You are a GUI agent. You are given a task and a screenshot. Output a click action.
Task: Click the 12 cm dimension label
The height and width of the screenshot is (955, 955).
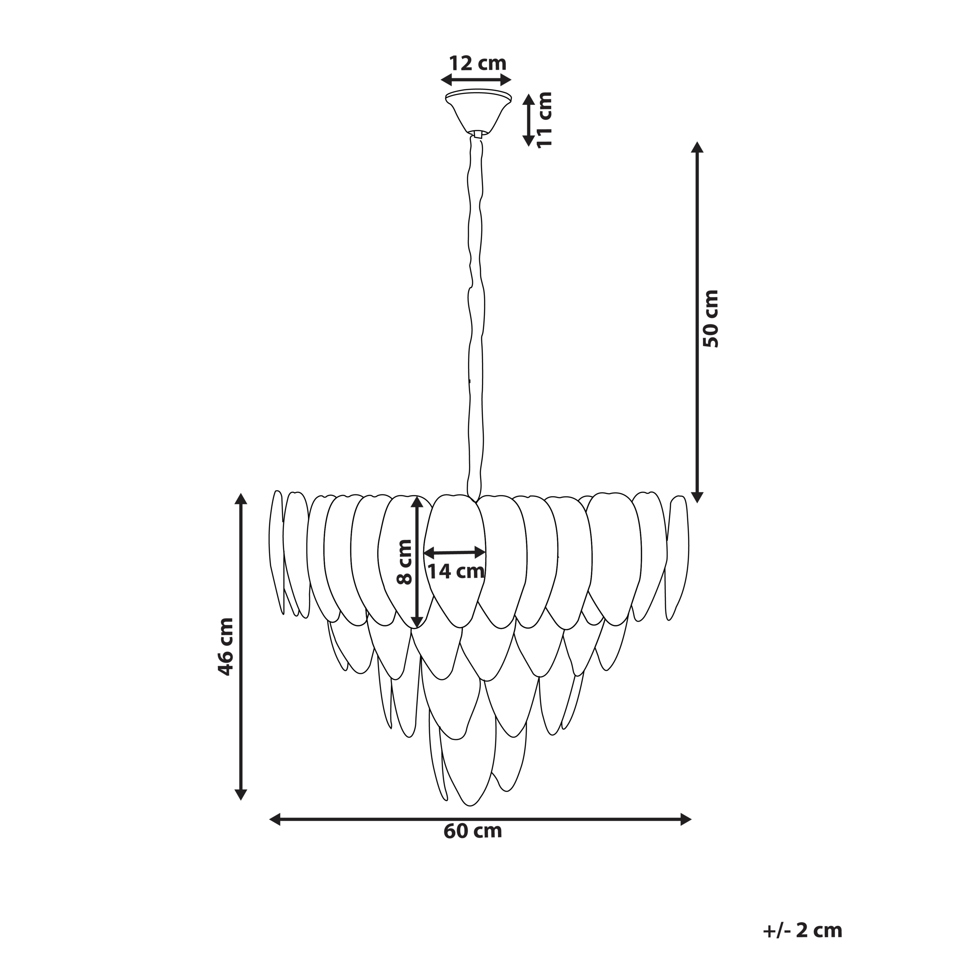(477, 64)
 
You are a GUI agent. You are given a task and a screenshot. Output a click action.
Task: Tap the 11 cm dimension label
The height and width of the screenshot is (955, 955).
(544, 119)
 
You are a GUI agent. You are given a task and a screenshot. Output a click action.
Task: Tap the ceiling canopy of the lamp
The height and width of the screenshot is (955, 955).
(478, 111)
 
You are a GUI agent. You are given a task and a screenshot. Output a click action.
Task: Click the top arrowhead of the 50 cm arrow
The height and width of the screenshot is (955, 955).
(697, 147)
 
